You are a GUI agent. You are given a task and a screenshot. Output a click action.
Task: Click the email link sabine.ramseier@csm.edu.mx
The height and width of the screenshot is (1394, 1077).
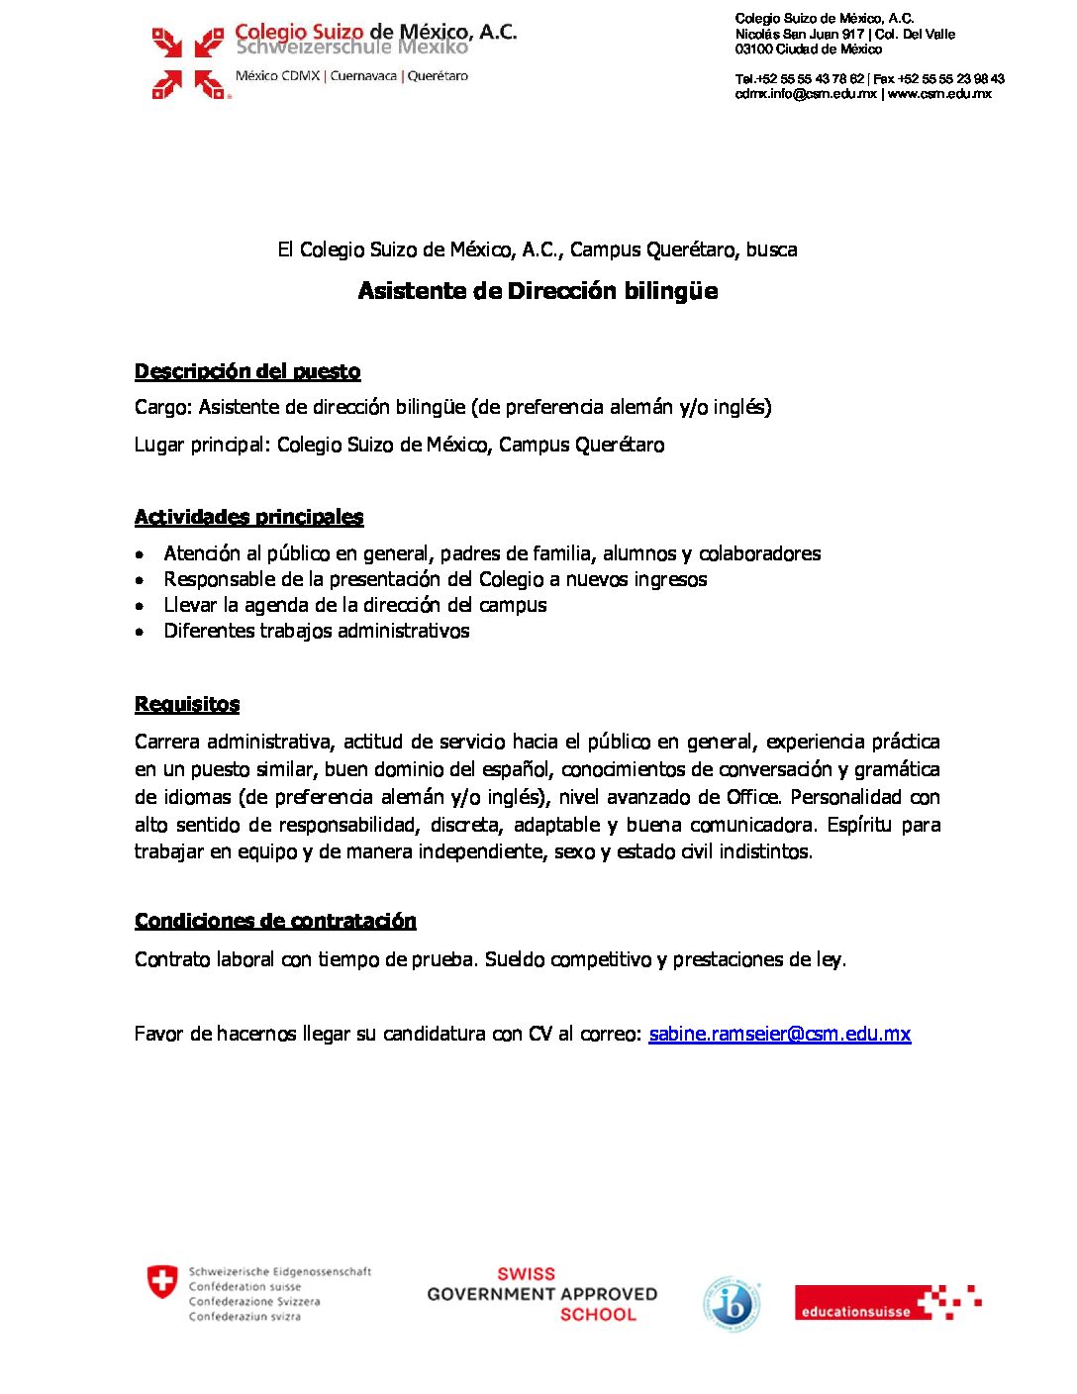pyautogui.click(x=779, y=1034)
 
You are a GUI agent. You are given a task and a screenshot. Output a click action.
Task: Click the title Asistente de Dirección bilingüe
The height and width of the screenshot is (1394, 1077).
pyautogui.click(x=538, y=291)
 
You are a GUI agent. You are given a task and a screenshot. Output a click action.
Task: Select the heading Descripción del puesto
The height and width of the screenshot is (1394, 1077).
pyautogui.click(x=247, y=371)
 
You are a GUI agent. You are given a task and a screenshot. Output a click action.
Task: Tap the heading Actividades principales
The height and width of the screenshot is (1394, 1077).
pyautogui.click(x=248, y=517)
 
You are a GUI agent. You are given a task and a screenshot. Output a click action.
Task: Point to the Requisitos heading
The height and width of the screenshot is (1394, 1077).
pyautogui.click(x=187, y=704)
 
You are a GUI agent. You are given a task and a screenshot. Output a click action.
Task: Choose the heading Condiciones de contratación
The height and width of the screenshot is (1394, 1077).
pyautogui.click(x=275, y=921)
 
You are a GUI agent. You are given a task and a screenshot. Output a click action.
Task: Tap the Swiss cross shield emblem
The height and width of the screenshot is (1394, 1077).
pyautogui.click(x=162, y=1281)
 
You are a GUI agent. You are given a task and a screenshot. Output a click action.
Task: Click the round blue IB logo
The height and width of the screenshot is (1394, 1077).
pyautogui.click(x=732, y=1304)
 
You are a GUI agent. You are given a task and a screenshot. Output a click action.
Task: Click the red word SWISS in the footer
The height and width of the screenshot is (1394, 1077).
pyautogui.click(x=526, y=1274)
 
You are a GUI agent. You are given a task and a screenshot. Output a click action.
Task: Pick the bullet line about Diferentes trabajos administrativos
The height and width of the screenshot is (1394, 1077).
pyautogui.click(x=317, y=631)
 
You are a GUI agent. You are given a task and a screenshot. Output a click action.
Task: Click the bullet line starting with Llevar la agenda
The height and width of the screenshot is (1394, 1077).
pyautogui.click(x=354, y=605)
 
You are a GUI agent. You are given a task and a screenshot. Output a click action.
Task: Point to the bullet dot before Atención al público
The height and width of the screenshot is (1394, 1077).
pyautogui.click(x=141, y=554)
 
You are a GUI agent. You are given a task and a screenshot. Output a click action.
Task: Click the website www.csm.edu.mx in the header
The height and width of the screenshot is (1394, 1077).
pyautogui.click(x=939, y=94)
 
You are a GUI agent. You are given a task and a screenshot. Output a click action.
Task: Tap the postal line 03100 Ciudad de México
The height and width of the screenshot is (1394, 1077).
pyautogui.click(x=808, y=50)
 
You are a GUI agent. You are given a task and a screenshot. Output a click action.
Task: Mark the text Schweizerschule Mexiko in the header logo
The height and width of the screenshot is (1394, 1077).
pyautogui.click(x=351, y=48)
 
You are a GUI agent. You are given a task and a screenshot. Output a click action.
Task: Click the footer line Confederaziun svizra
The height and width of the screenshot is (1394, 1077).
pyautogui.click(x=245, y=1317)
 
